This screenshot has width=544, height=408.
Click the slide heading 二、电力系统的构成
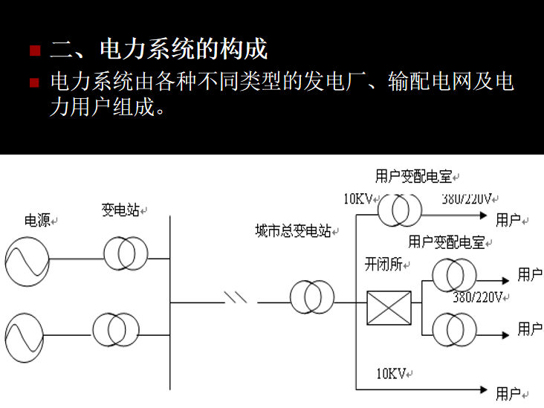158,51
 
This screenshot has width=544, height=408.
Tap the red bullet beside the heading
34,51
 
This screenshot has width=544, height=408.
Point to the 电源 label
37,220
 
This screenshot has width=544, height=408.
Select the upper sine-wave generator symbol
27,260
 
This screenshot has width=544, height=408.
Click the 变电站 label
120,210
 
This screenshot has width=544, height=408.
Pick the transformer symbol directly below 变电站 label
126,253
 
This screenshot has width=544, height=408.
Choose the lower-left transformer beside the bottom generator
115,328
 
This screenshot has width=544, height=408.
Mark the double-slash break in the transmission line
236,297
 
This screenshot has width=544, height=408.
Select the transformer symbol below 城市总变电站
312,297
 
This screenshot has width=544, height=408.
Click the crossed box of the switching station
389,308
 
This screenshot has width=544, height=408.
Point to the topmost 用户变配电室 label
414,176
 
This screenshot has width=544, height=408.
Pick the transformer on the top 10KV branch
399,210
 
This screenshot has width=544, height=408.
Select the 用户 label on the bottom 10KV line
508,393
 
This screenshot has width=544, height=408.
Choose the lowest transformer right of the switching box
453,326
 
